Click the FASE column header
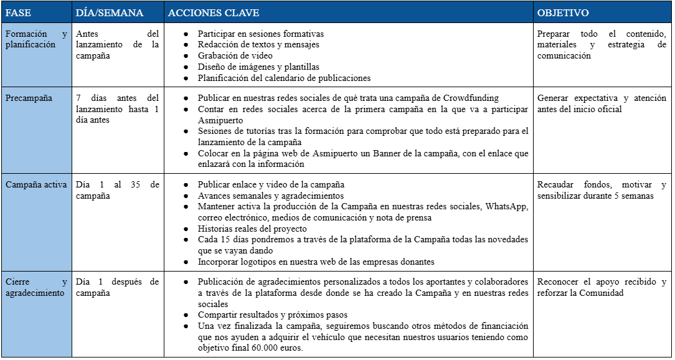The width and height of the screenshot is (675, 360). [18, 12]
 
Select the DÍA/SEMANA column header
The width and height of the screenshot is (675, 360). [108, 12]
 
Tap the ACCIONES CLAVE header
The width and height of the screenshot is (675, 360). [214, 12]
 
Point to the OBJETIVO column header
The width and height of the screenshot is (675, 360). [563, 12]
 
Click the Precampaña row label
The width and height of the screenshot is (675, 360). [29, 98]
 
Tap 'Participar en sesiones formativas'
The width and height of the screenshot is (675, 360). [260, 34]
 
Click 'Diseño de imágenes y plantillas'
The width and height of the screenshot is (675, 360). [258, 67]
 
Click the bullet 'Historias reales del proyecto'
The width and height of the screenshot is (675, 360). [252, 229]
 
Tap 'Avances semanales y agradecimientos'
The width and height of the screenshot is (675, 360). [270, 196]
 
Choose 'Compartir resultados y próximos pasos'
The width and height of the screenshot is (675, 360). [272, 315]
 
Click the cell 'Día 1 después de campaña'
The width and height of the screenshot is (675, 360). [117, 287]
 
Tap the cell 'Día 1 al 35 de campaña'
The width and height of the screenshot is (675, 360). [117, 190]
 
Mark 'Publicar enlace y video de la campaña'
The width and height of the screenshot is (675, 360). [271, 184]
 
